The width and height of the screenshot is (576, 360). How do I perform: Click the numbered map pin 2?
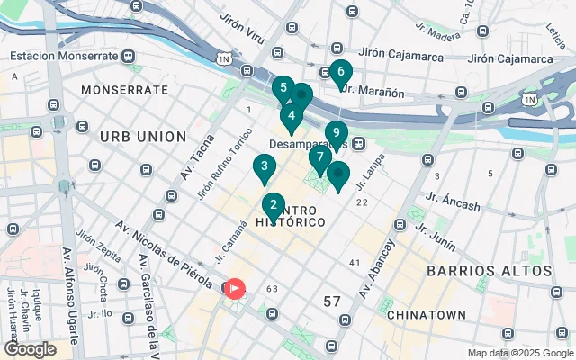tap(273, 205)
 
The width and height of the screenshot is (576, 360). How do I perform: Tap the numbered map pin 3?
tap(263, 166)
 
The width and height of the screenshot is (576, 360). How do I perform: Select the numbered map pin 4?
tap(291, 116)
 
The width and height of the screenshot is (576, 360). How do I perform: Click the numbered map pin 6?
tap(339, 72)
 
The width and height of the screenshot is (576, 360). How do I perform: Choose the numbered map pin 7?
tap(319, 157)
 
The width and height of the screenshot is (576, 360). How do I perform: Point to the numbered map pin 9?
tap(336, 133)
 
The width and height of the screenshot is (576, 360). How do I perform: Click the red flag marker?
tap(234, 288)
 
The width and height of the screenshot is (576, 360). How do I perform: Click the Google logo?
tap(30, 348)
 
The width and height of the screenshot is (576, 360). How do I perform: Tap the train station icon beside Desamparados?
tap(358, 143)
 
